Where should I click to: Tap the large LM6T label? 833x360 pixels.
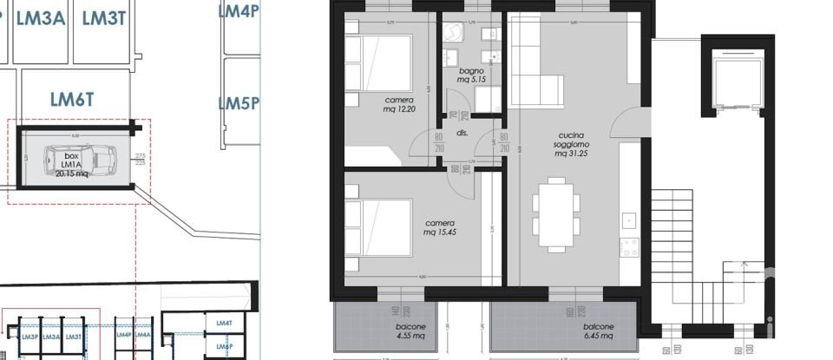[71, 100]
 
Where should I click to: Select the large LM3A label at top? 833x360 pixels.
[40, 20]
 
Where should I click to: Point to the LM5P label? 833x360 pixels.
[239, 104]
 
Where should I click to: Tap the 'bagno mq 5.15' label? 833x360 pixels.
[472, 75]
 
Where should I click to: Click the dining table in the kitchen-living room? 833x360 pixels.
[556, 213]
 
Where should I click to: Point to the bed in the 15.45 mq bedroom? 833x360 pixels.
[378, 227]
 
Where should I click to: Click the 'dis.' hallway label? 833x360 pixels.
[462, 134]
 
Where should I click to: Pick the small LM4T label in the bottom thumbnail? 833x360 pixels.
[225, 324]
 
